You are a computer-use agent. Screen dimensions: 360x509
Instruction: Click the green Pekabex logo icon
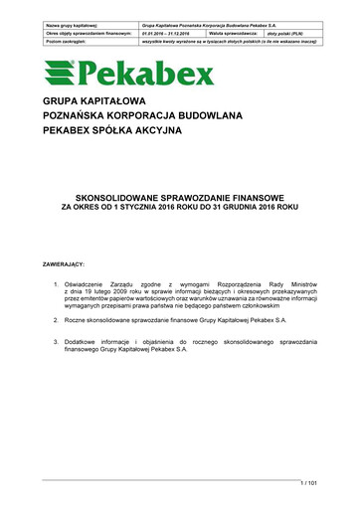coord(58,73)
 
